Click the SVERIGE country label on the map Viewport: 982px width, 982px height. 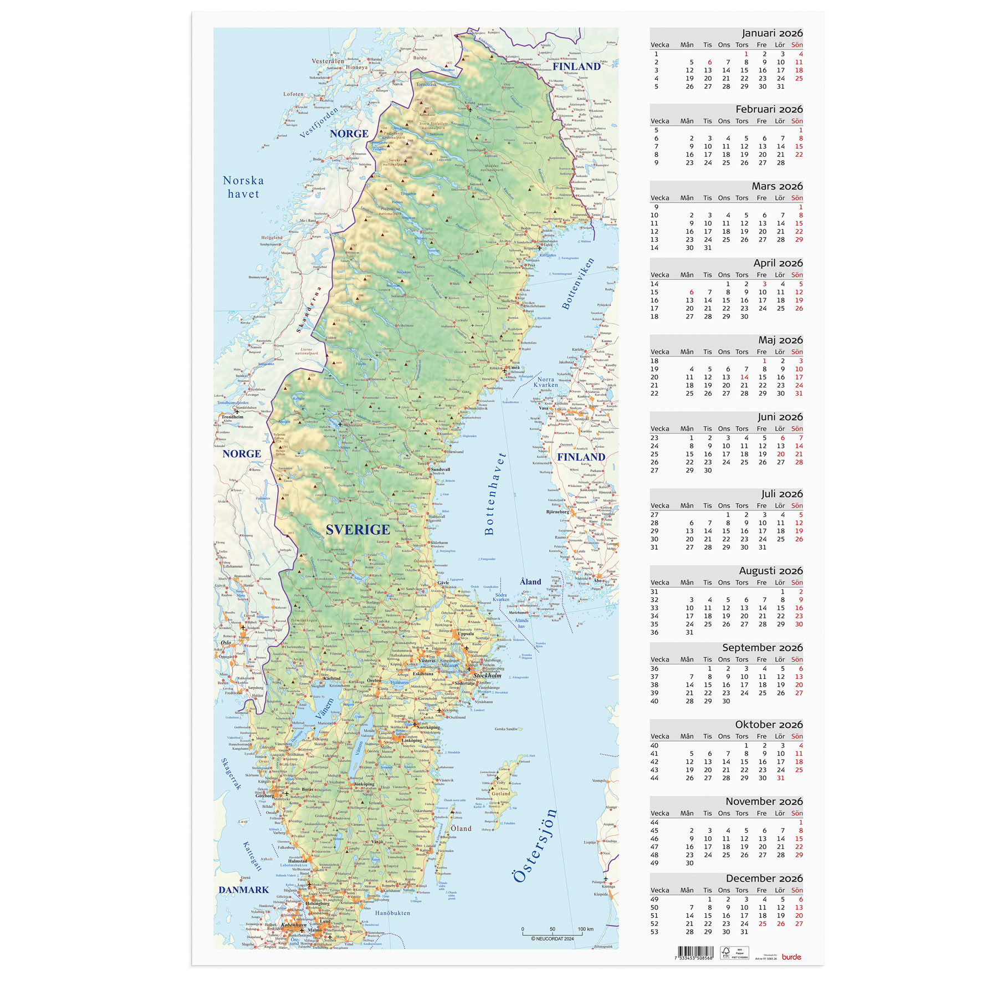coord(357,529)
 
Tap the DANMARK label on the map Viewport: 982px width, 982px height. coord(243,889)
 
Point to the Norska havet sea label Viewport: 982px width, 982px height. coord(243,187)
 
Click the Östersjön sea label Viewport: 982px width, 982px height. coord(535,845)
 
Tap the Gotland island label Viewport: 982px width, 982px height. coord(501,794)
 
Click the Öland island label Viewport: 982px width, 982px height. coord(461,828)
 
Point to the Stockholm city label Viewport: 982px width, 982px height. coord(487,676)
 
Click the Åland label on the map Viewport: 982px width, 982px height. coord(530,582)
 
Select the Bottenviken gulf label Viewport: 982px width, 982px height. coord(577,284)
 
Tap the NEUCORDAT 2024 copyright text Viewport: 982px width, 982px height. coord(553,939)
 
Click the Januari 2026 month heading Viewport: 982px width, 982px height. coord(772,33)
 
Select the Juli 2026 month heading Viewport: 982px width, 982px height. coord(781,494)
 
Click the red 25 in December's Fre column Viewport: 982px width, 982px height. coord(763,924)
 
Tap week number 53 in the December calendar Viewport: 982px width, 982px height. coord(654,932)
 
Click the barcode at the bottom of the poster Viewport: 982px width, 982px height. coord(695,953)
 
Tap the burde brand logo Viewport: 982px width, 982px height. coord(791,957)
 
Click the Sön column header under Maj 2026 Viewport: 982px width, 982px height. coord(797,352)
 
